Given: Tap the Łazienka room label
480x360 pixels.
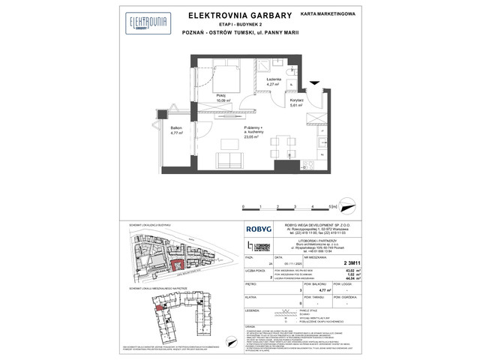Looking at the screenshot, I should [x=272, y=79].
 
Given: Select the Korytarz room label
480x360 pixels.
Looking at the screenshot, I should [x=295, y=100].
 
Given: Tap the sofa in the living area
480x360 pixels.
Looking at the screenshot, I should [x=228, y=160].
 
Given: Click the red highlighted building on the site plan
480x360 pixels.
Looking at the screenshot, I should [x=178, y=264].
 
